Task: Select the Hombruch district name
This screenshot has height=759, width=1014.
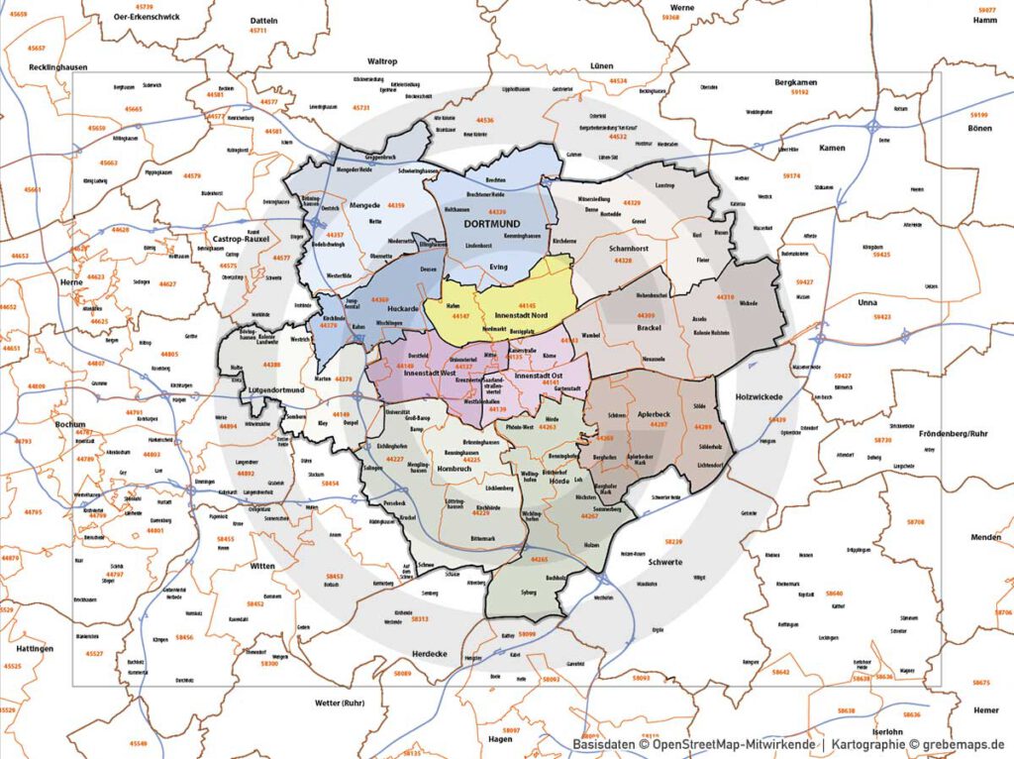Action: [454, 468]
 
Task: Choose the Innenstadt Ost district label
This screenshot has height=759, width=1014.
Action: [546, 376]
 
